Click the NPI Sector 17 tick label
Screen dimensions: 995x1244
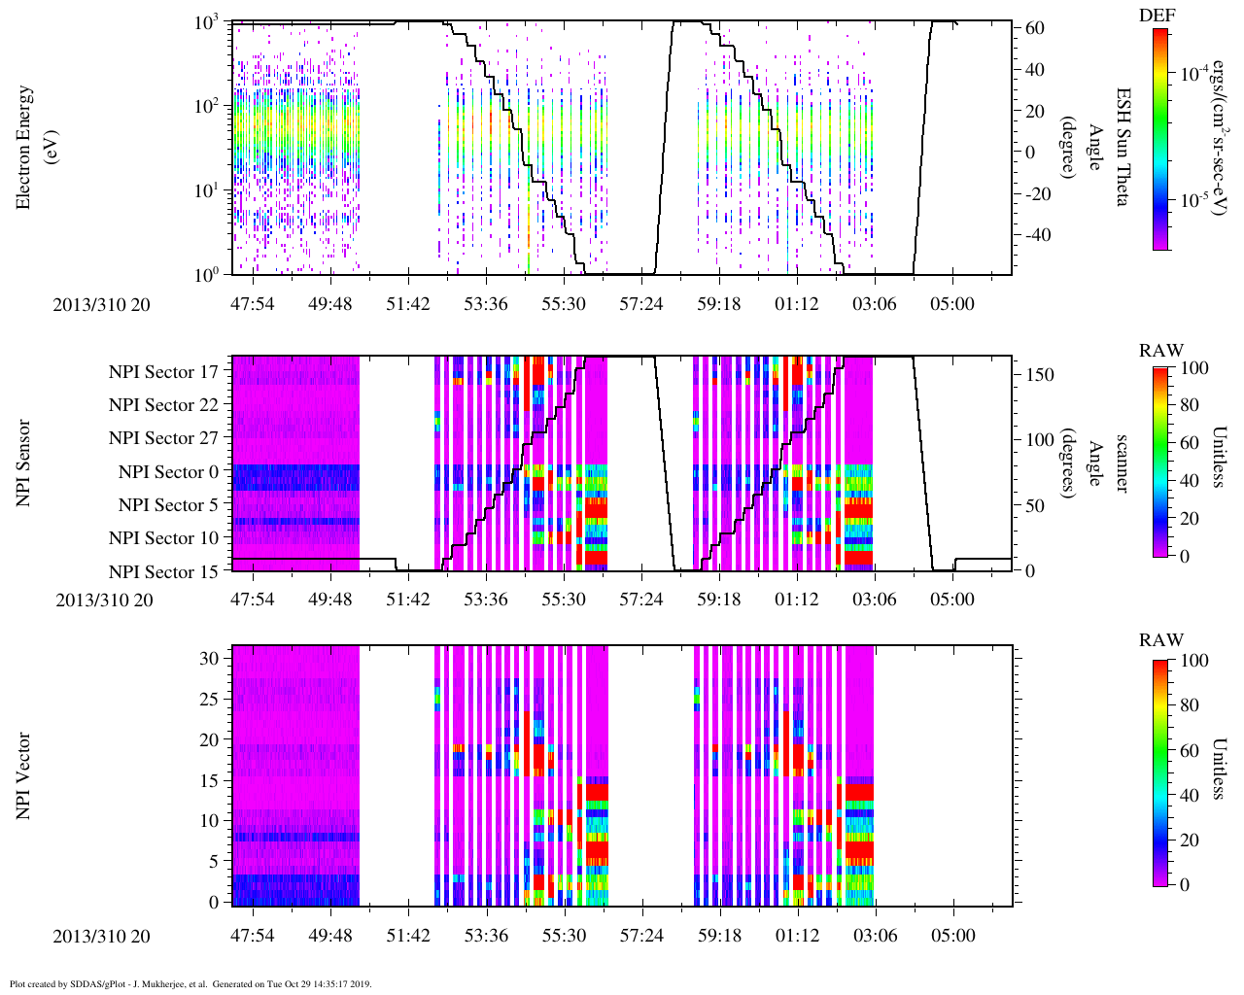coord(163,372)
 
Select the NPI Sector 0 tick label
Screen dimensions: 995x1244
coord(168,472)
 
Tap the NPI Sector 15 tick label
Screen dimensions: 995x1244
coord(163,572)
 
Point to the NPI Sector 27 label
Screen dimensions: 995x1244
coord(163,438)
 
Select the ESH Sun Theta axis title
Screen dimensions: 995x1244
coord(1123,148)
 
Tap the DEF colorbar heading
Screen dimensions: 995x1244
coord(1160,15)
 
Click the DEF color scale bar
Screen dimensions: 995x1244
coord(1160,140)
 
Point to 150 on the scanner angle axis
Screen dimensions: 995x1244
coord(1040,375)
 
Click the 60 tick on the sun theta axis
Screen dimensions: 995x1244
coord(1035,29)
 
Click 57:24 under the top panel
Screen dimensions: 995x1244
coord(641,305)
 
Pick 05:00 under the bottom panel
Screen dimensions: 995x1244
coord(952,936)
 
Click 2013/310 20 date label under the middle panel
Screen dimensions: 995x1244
coord(104,600)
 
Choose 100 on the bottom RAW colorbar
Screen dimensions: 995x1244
coord(1193,661)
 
